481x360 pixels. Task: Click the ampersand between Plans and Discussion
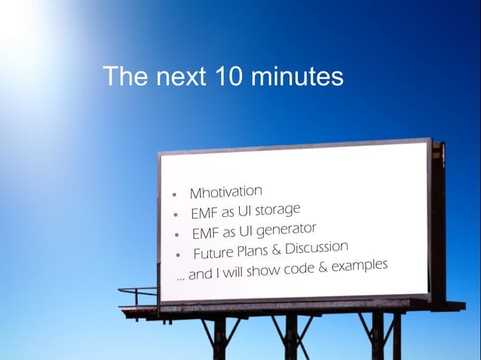277,249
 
